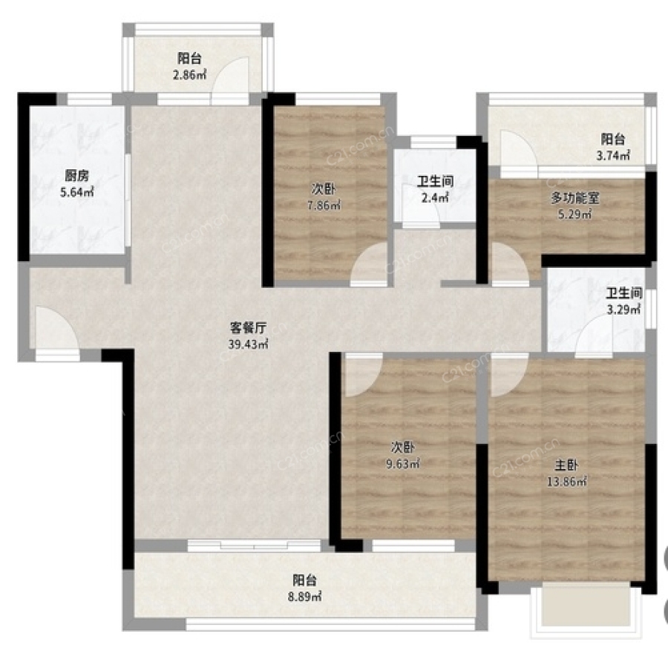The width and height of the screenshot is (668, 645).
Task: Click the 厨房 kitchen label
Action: [x=76, y=175]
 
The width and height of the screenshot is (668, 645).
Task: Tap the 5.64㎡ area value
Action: [x=77, y=192]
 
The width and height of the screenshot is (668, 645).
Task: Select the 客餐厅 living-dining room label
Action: [x=249, y=327]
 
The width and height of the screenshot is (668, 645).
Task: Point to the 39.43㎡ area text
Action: [x=249, y=344]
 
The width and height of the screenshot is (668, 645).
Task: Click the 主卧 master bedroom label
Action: [x=566, y=465]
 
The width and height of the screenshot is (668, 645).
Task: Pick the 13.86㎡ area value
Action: [x=566, y=482]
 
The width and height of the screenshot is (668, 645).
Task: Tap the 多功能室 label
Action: [x=575, y=197]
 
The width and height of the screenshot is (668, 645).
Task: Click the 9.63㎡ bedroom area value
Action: [x=402, y=463]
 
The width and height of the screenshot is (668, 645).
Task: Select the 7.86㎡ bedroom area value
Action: [x=324, y=205]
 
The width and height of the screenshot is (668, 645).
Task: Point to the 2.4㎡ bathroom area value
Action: [x=435, y=197]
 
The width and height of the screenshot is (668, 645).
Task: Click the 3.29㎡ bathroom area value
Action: [x=623, y=310]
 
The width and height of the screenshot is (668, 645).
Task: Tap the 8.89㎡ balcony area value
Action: [x=304, y=597]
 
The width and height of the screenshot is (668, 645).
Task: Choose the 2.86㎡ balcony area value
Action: [x=189, y=75]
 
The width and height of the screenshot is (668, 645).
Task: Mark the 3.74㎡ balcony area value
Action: [x=613, y=156]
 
